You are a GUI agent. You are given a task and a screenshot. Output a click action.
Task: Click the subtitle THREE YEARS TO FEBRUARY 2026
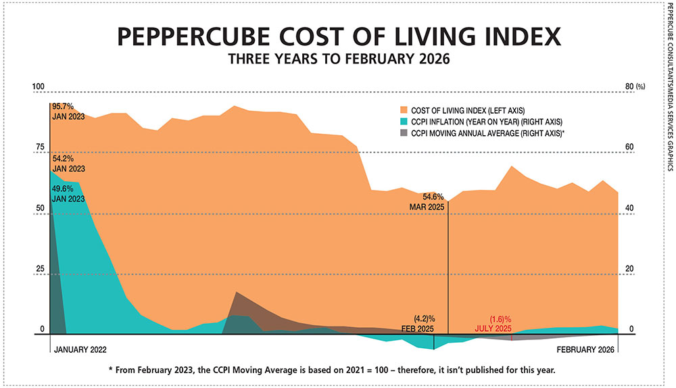pos(338,60)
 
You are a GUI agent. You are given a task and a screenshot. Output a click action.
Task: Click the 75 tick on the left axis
pos(39,147)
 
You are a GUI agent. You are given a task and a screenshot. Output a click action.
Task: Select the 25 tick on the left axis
pos(39,269)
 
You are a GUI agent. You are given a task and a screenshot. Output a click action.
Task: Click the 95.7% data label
pos(63,107)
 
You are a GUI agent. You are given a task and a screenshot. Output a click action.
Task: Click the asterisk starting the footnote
pos(110,370)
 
